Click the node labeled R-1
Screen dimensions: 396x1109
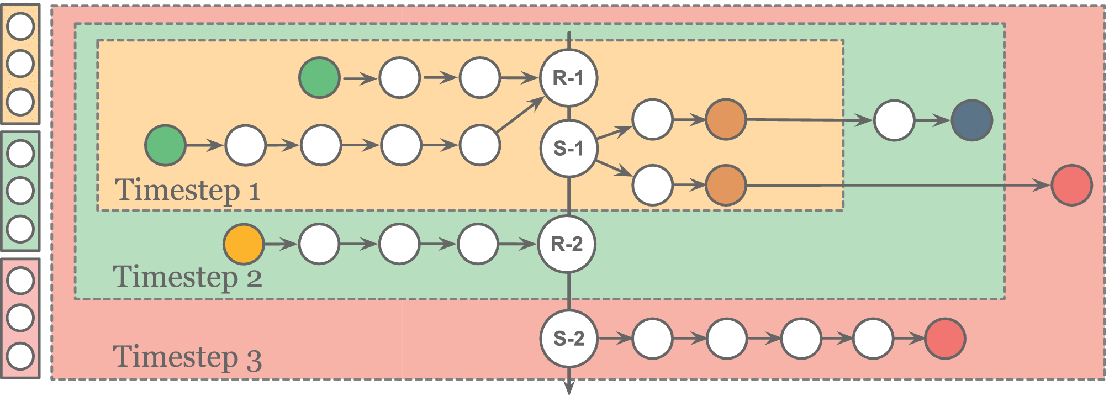point(568,78)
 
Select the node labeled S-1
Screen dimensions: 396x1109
point(568,148)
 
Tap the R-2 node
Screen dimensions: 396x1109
point(567,244)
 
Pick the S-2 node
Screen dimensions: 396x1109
point(568,338)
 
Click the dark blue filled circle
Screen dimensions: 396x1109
point(971,120)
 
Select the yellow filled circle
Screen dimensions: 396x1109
point(244,244)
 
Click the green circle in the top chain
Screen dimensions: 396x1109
point(319,78)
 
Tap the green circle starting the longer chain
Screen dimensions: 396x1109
point(165,145)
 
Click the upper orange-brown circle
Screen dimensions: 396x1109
point(726,119)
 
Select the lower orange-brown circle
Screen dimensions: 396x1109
point(726,185)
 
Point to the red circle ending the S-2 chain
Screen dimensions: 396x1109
point(945,338)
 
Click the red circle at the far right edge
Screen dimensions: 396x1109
point(1071,185)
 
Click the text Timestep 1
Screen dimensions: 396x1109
point(187,190)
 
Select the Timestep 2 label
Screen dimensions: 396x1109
point(187,276)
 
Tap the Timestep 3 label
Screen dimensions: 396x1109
point(187,356)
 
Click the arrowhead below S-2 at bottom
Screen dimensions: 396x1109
point(569,388)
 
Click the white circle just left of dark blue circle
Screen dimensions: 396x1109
point(894,120)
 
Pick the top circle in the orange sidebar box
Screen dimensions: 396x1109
point(20,27)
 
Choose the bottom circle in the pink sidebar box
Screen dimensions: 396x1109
point(20,356)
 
